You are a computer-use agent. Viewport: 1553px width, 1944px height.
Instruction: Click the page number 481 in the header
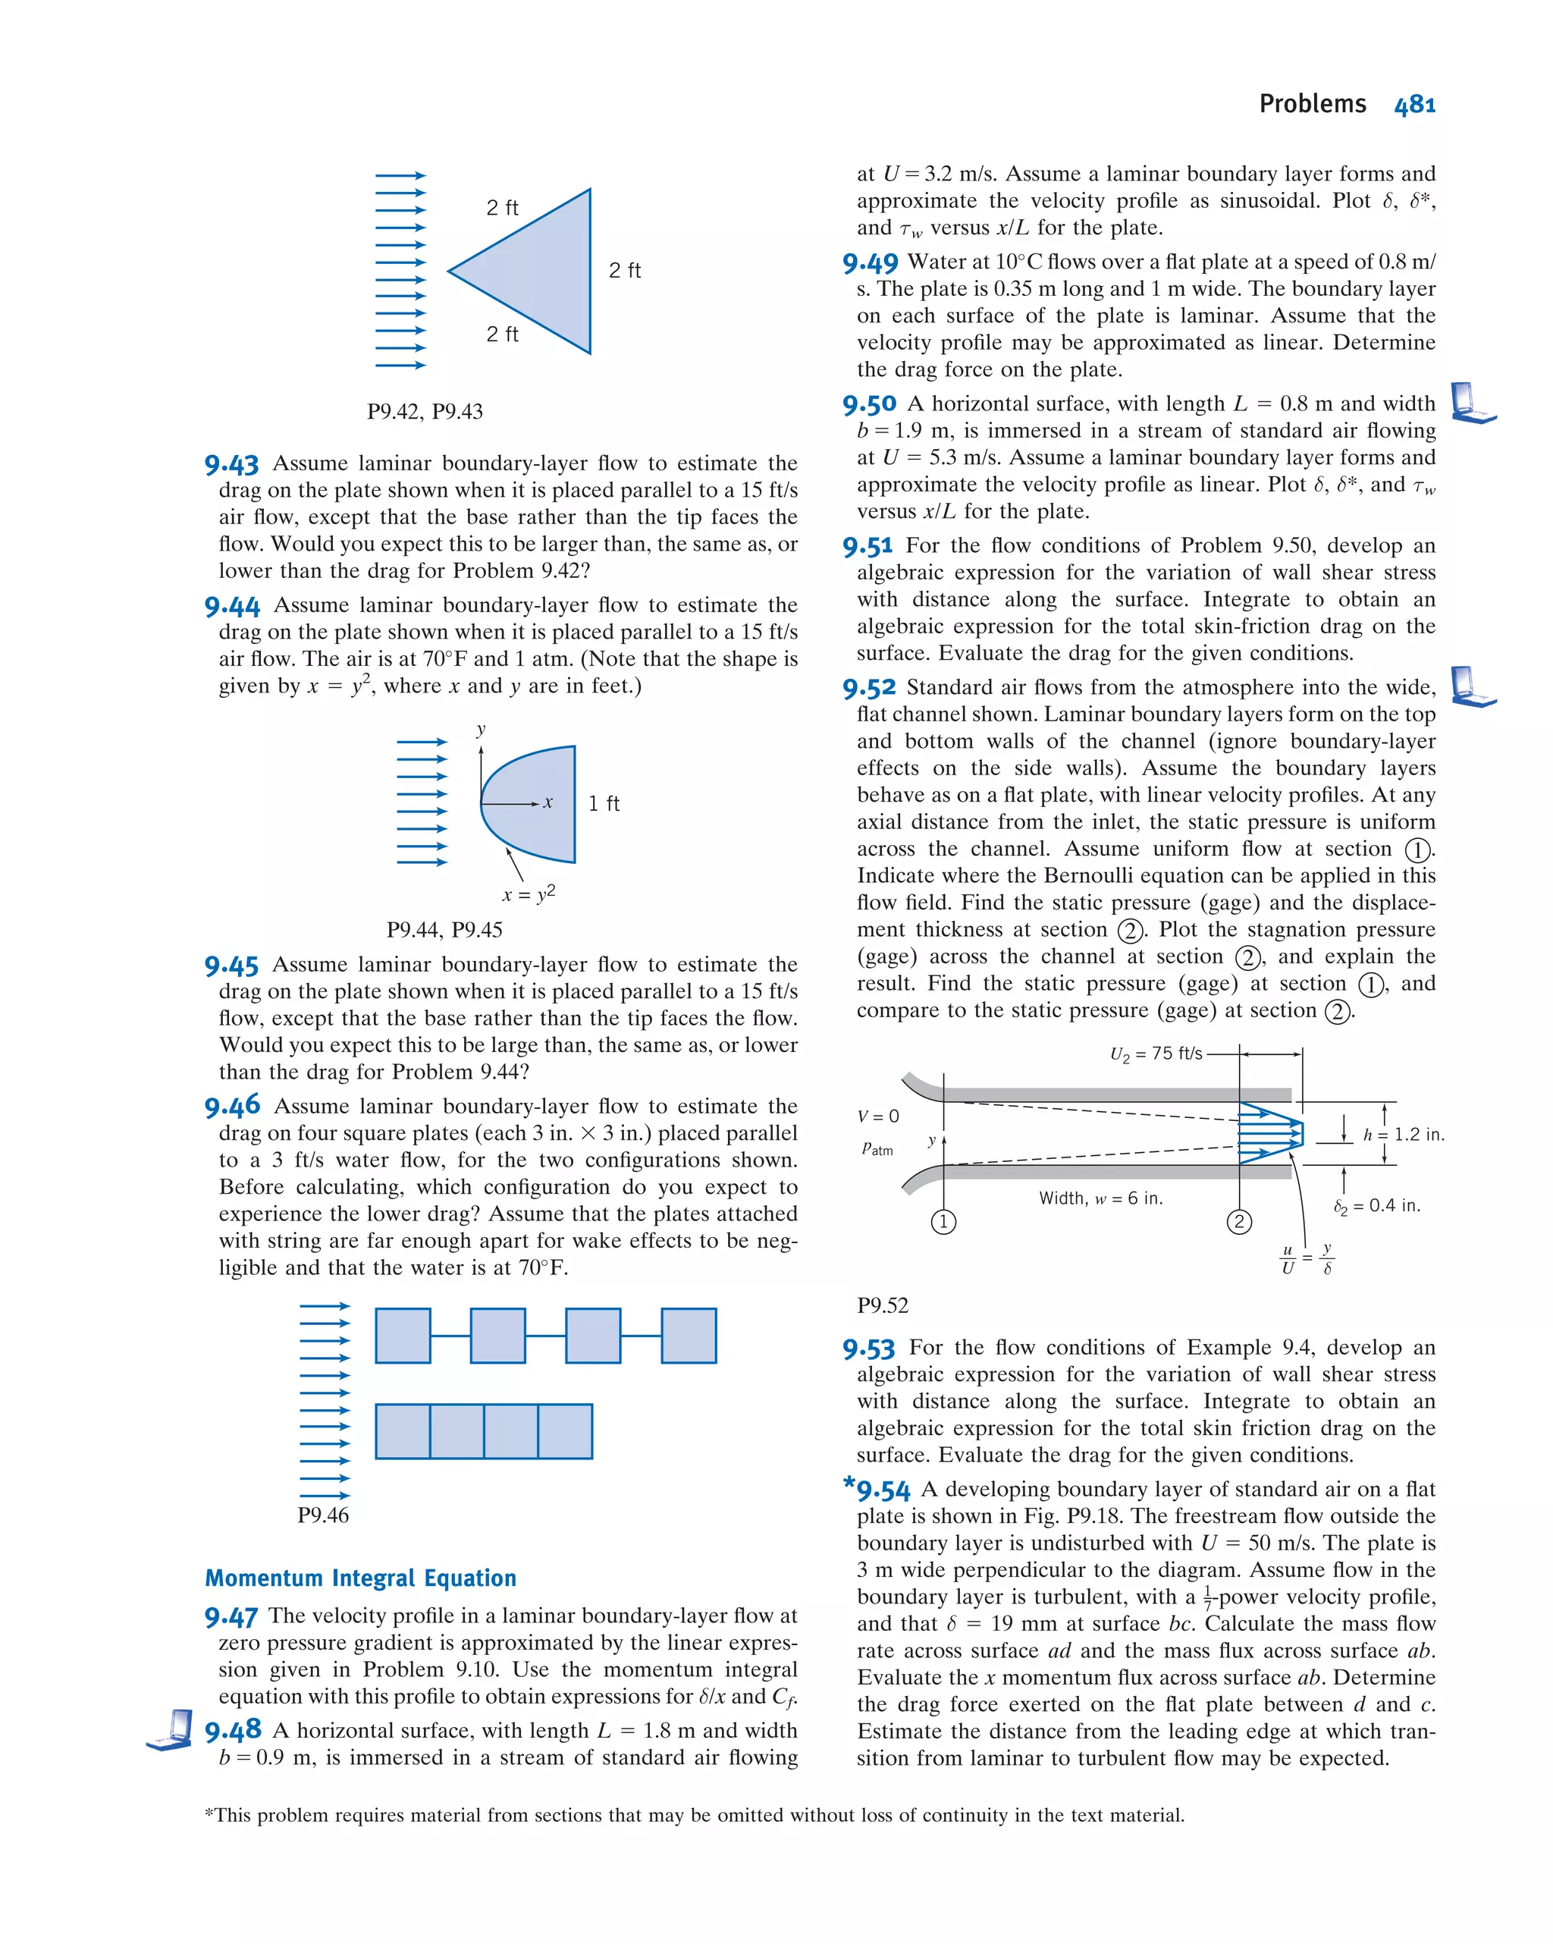tap(1413, 105)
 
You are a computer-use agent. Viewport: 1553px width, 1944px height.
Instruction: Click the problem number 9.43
tap(231, 464)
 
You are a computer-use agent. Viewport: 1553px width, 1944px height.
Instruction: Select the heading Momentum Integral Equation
tap(359, 1577)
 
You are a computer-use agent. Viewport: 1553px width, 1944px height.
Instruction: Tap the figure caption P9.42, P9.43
tap(425, 411)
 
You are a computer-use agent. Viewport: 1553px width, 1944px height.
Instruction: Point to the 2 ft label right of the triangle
tap(624, 271)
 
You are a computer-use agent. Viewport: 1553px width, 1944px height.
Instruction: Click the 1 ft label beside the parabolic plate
tap(603, 803)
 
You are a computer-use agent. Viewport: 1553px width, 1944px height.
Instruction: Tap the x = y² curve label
tap(529, 893)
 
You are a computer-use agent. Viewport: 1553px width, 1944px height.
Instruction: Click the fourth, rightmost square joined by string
tap(688, 1336)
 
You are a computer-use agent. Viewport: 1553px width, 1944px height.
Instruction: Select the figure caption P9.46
tap(323, 1515)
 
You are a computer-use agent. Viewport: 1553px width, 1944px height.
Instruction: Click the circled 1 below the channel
tap(943, 1222)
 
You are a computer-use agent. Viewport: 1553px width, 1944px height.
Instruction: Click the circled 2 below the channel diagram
tap(1238, 1222)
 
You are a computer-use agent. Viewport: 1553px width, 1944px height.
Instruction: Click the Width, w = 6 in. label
tap(1100, 1198)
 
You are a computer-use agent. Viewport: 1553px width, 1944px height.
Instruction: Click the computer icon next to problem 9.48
tap(171, 1729)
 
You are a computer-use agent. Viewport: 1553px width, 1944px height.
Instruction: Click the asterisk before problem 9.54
tap(848, 1482)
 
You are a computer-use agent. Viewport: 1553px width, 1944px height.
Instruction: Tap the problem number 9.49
tap(870, 263)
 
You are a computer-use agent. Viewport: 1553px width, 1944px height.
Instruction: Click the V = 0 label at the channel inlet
tap(877, 1116)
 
